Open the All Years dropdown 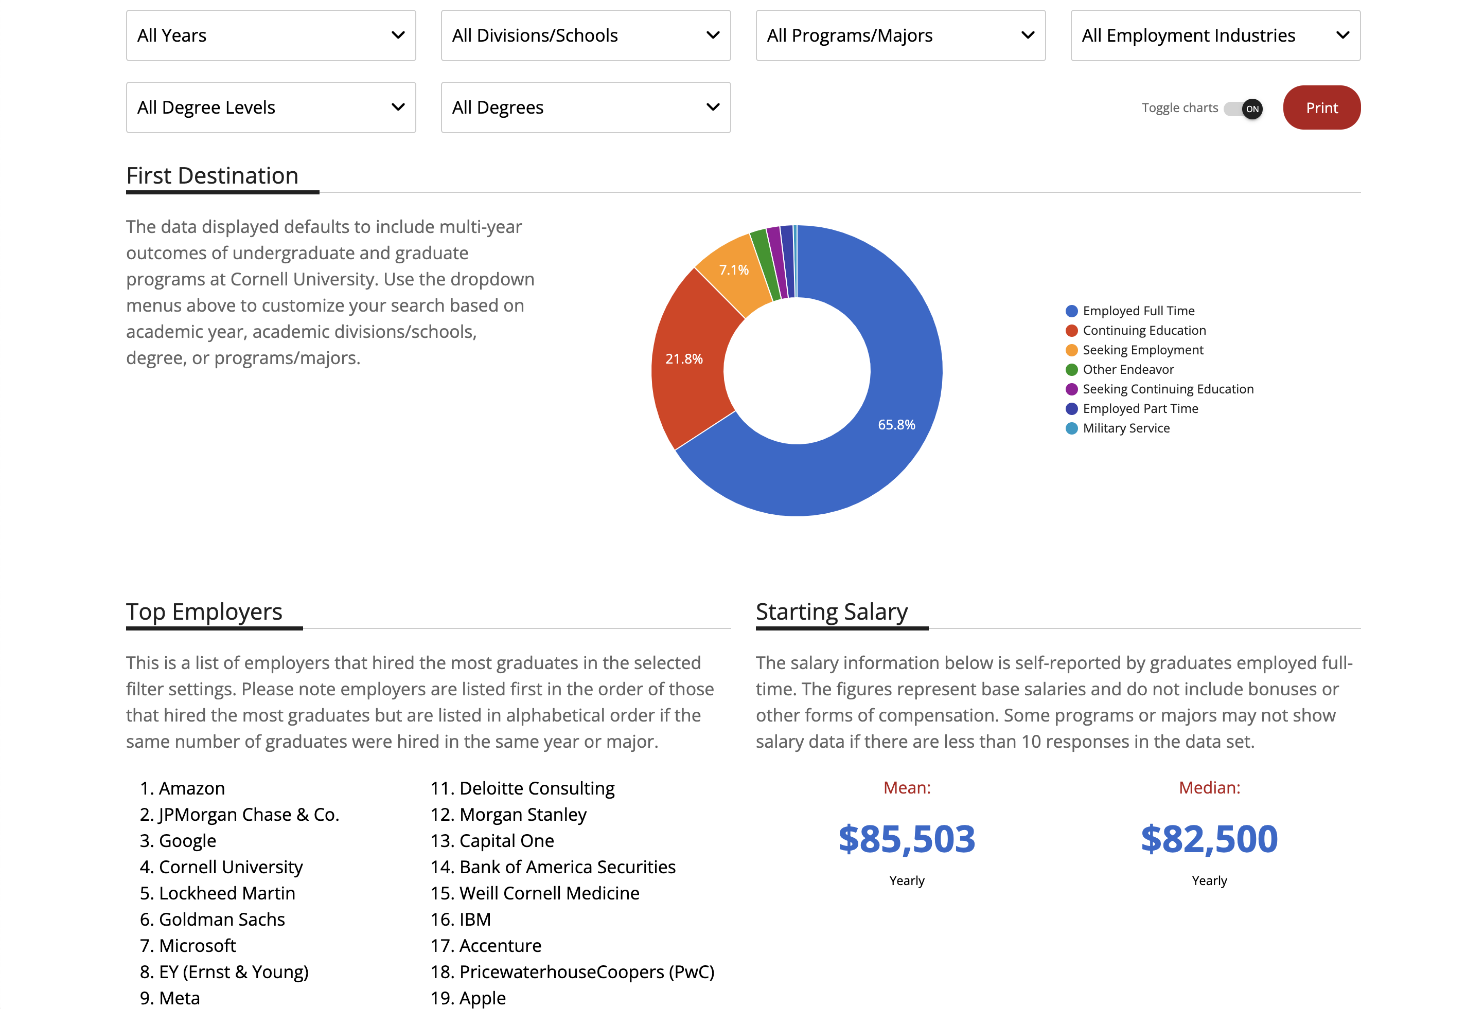tap(271, 35)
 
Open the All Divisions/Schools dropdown tap(585, 35)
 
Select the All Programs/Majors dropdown tap(900, 35)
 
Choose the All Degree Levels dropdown tap(271, 107)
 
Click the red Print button tap(1321, 108)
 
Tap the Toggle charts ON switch tap(1243, 109)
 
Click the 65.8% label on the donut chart tap(896, 425)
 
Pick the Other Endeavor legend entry tap(1128, 370)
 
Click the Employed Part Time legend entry tap(1140, 408)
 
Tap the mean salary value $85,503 tap(906, 839)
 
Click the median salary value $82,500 tap(1209, 839)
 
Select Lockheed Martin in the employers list tap(227, 893)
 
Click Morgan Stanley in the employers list tap(522, 814)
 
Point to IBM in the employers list tap(474, 919)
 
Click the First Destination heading tap(212, 175)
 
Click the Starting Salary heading tap(832, 611)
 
